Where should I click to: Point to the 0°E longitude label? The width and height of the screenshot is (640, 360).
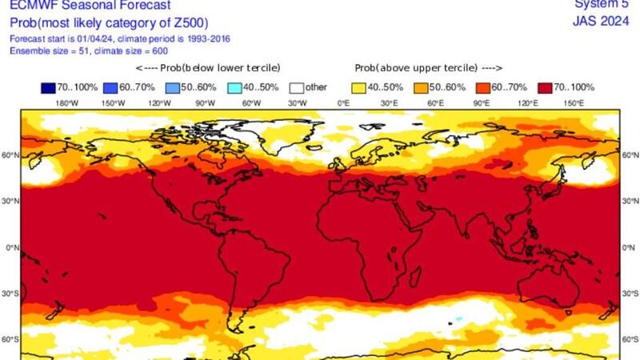pos(344,103)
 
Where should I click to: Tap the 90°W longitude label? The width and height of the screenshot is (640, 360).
pos(206,103)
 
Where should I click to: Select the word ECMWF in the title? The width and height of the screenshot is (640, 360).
pos(26,7)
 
